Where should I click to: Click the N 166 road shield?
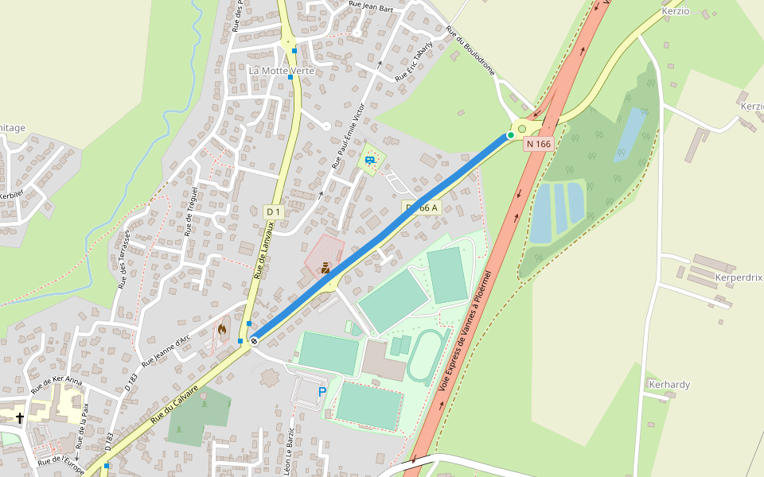538,144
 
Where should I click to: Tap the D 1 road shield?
273,211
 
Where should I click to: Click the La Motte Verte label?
281,71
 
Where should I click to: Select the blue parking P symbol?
322,392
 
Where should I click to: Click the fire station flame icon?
222,328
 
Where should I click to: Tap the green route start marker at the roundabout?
510,135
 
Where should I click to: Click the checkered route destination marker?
254,340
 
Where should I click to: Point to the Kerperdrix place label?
739,277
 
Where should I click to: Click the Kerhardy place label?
669,385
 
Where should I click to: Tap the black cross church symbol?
20,417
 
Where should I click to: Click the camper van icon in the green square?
369,161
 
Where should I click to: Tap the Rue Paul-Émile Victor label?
348,136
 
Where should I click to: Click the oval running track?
427,358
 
